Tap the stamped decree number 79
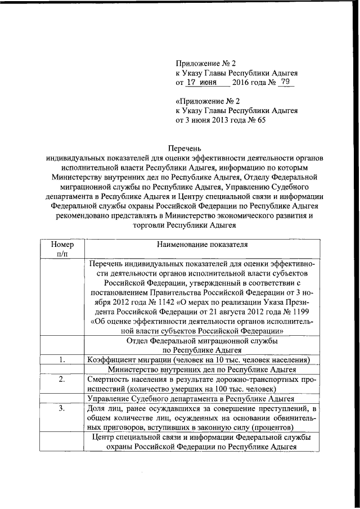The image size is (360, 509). click(x=285, y=82)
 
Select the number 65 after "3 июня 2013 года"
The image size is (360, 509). click(x=260, y=120)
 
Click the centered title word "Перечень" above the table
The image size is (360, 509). click(x=179, y=149)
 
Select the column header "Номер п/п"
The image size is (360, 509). click(x=62, y=249)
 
